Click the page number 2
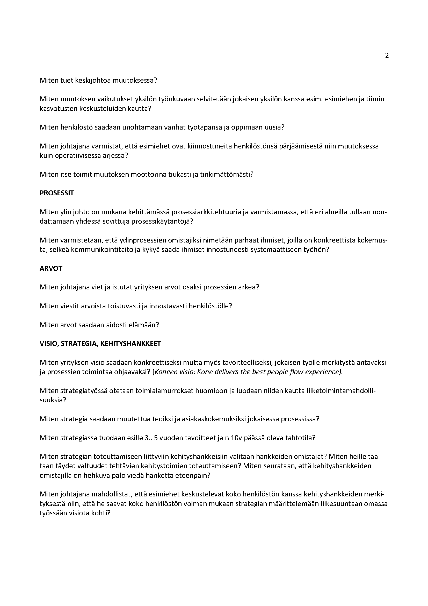coord(387,56)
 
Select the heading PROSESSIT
coord(57,193)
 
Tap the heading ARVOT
coord(51,268)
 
